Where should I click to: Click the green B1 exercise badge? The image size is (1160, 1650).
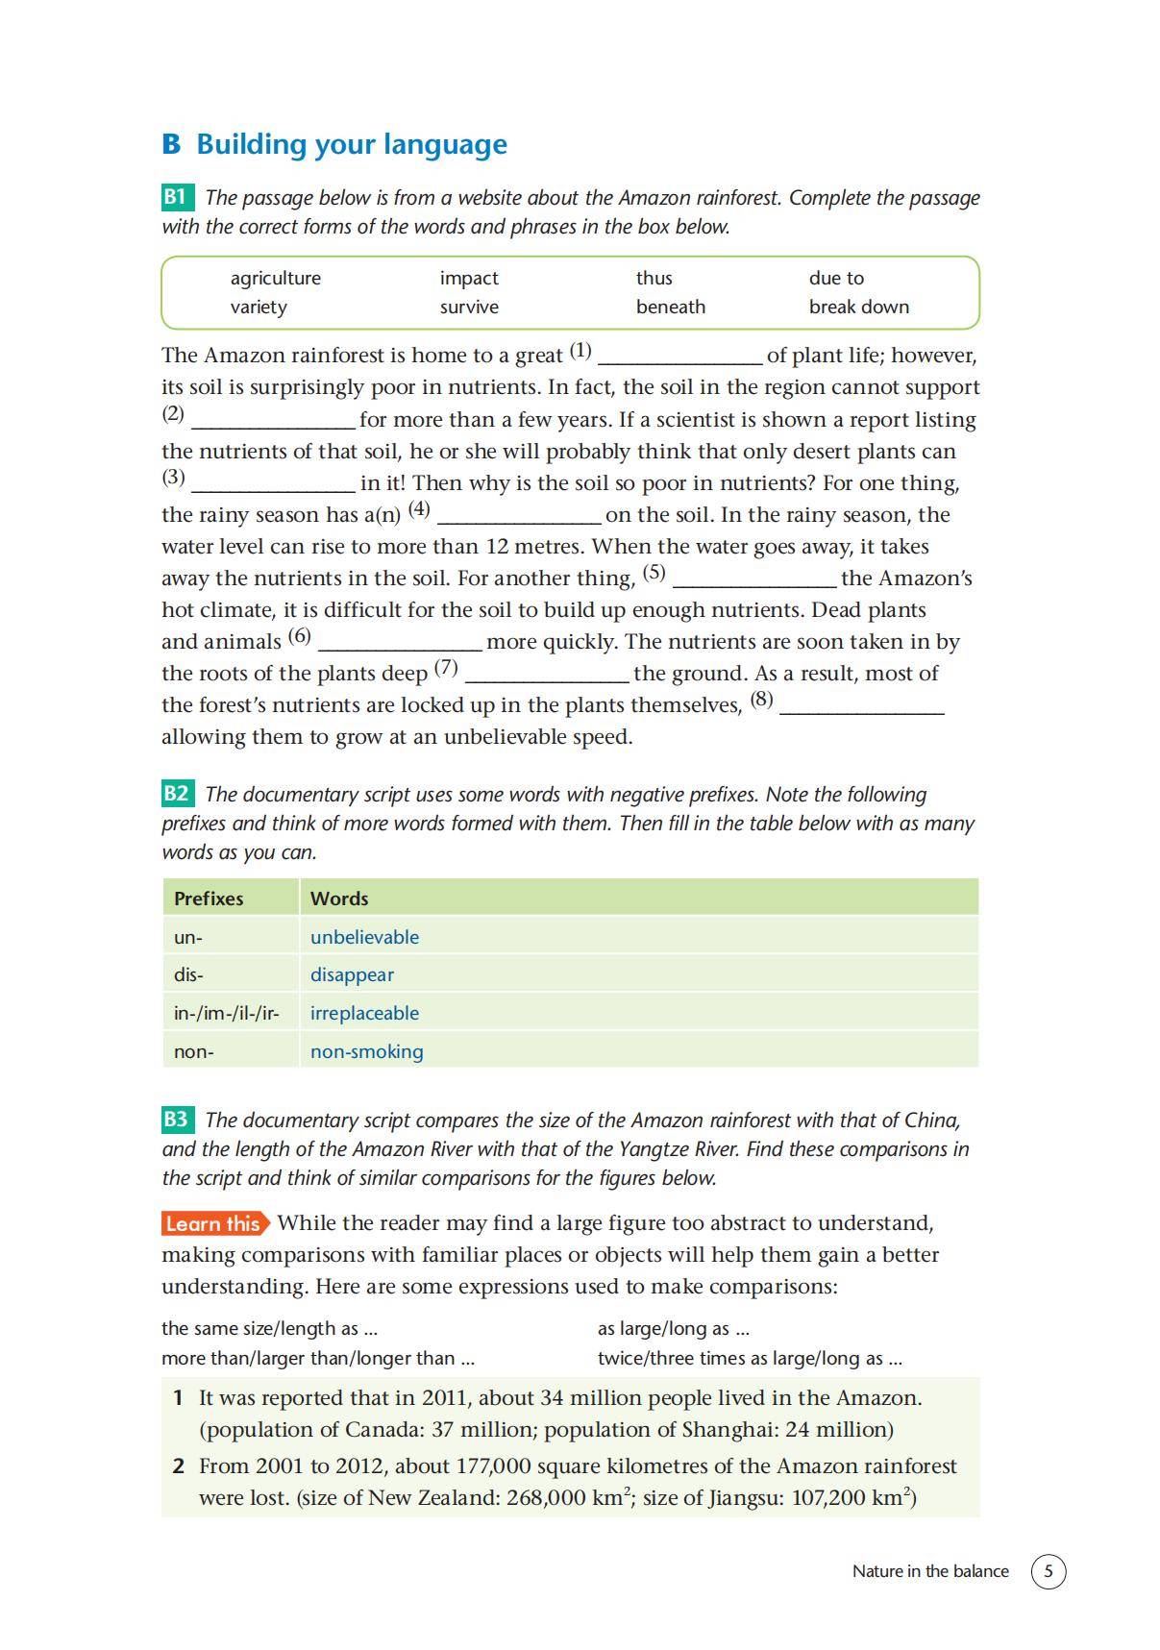177,198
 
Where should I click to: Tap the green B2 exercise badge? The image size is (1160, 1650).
177,794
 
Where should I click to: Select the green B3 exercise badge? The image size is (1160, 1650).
177,1120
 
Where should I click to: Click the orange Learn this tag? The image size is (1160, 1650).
214,1223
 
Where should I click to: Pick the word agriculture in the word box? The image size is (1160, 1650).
275,278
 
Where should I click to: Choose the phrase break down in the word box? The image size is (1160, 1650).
858,307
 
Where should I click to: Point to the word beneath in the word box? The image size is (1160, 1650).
670,307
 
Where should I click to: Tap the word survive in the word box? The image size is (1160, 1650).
469,307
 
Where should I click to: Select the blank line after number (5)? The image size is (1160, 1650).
754,581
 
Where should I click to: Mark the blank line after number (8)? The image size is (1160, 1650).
861,708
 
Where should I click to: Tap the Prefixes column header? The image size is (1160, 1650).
209,899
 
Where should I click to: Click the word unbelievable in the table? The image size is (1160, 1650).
364,937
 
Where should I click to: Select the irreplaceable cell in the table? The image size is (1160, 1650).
364,1013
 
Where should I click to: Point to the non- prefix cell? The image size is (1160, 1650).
194,1051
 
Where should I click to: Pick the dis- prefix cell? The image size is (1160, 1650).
188,974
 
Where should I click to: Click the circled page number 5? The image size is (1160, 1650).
1048,1571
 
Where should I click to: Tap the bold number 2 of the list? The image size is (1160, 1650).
179,1465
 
